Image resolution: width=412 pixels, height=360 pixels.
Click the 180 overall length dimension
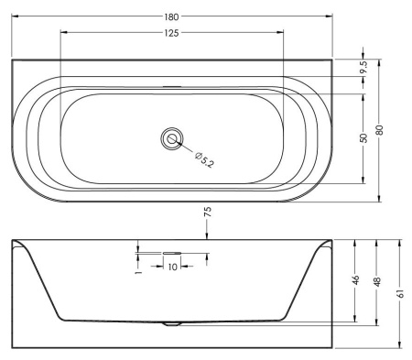point(171,16)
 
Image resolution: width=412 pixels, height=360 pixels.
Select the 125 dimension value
point(171,33)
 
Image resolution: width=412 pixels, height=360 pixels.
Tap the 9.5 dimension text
point(363,67)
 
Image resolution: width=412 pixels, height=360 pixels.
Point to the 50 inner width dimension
point(363,138)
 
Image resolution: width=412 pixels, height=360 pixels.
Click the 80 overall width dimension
point(379,130)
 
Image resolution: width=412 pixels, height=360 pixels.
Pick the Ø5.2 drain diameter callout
point(204,159)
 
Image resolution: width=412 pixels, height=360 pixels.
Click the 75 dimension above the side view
point(207,212)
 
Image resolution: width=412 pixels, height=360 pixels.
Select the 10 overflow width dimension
point(172,267)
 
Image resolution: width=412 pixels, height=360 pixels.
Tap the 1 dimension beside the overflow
point(138,271)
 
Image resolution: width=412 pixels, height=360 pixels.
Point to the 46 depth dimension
point(355,280)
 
